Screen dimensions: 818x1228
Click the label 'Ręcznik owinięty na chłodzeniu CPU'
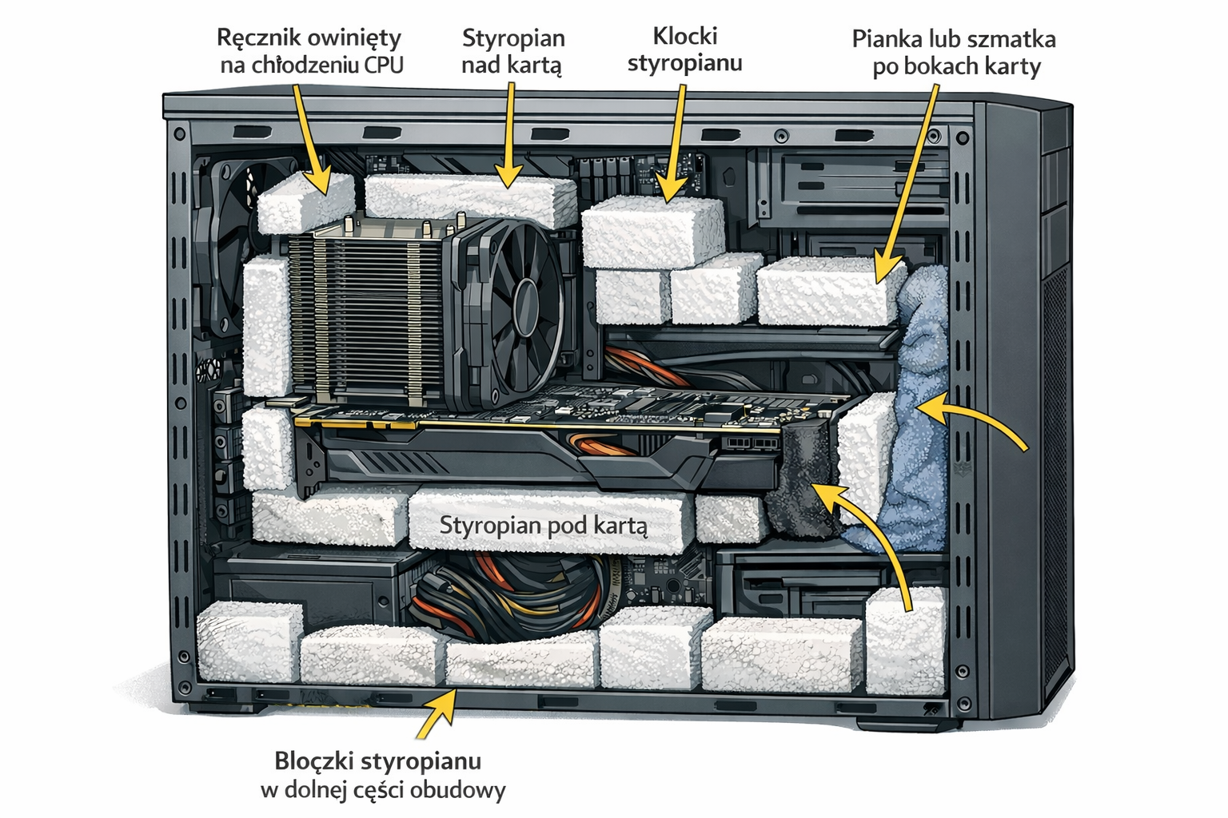click(310, 51)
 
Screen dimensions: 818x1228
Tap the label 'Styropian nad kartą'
click(513, 51)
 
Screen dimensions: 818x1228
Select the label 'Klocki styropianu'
click(684, 50)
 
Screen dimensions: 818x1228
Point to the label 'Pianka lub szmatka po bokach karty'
click(954, 52)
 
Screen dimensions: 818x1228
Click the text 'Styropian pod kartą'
click(544, 526)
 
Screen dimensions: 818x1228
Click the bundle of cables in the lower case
click(512, 595)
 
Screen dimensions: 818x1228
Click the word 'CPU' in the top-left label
click(382, 66)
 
